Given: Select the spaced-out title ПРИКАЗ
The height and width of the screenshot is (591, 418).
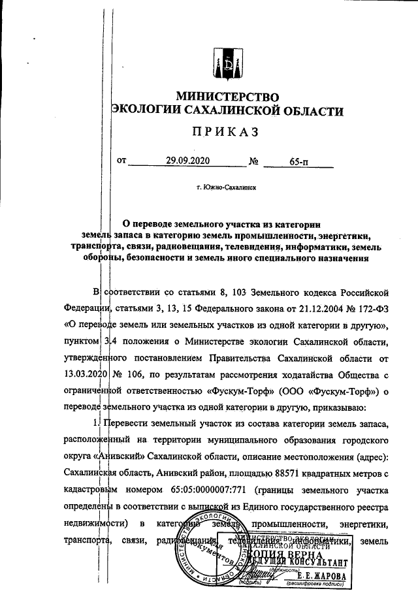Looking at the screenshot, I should [x=226, y=132].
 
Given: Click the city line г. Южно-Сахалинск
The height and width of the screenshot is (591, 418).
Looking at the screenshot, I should [x=225, y=187].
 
